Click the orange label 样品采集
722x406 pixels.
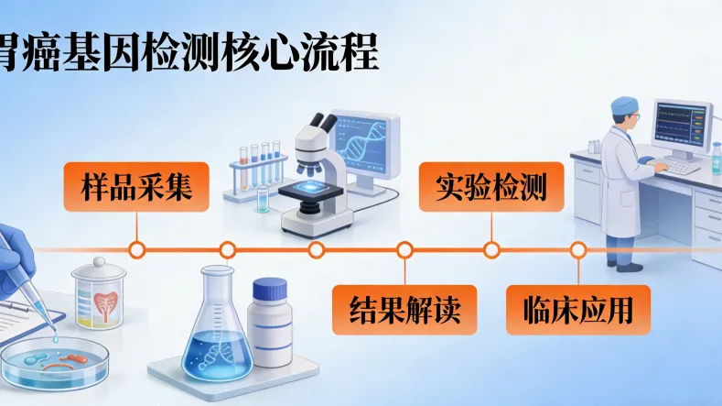click(136, 187)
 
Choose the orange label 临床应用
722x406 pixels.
click(578, 310)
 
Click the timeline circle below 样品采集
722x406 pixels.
click(136, 249)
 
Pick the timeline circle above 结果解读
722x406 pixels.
click(404, 249)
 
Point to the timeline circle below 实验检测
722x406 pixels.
click(491, 249)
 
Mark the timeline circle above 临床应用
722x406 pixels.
click(577, 249)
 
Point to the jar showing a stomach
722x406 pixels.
click(98, 292)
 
